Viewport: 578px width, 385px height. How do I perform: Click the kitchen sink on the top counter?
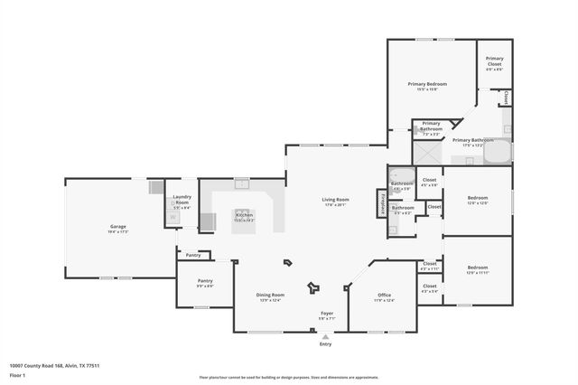click(242, 183)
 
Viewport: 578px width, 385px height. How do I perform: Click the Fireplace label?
click(383, 204)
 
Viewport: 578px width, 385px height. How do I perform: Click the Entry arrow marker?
click(326, 336)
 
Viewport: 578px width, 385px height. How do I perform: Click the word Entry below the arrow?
click(326, 344)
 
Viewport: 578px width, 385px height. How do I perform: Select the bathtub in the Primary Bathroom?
click(497, 155)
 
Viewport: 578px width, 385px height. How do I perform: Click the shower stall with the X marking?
click(425, 153)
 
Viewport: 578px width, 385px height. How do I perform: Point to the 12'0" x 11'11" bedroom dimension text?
click(478, 272)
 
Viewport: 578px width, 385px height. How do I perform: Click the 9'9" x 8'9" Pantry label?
click(205, 285)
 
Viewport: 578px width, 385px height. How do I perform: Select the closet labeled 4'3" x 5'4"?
click(429, 288)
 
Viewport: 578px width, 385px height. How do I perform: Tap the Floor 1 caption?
click(17, 374)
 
